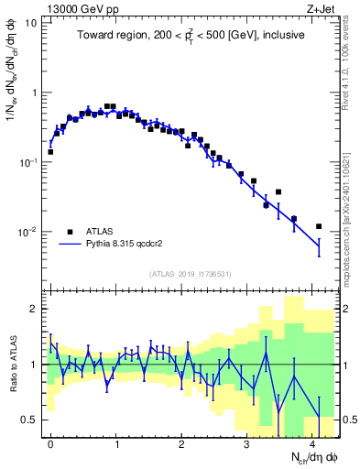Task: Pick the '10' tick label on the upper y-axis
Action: click(x=31, y=22)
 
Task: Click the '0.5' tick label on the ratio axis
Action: click(x=29, y=420)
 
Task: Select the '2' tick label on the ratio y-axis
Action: click(x=34, y=310)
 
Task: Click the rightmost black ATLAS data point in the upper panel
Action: click(x=319, y=226)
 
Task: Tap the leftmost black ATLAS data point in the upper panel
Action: click(x=50, y=152)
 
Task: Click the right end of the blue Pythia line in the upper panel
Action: click(x=319, y=245)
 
